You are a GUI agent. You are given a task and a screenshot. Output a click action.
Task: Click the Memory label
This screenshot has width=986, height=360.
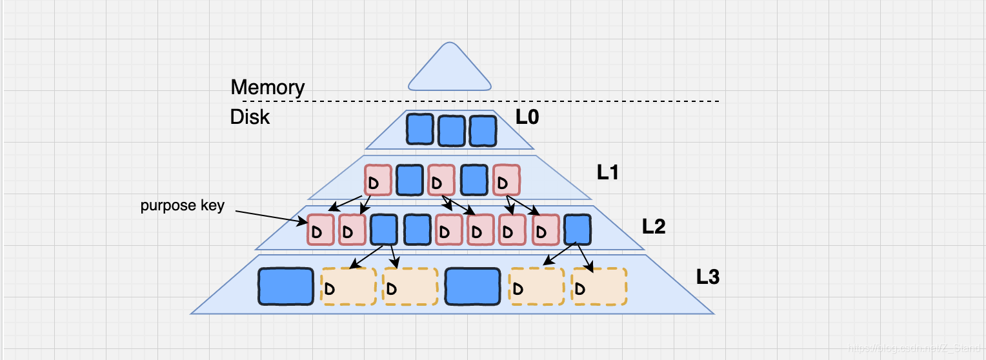[267, 87]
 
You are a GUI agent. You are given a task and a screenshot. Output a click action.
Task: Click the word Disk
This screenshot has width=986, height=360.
[250, 117]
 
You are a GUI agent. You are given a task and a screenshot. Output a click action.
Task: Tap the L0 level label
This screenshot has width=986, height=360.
[527, 117]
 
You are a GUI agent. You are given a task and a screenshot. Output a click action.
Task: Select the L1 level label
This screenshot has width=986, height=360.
[609, 172]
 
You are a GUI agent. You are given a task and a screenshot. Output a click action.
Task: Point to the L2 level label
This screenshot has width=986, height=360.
[654, 226]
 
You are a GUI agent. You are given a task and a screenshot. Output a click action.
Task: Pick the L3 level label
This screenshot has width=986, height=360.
[707, 277]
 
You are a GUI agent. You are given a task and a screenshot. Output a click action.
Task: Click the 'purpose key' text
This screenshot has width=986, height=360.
[183, 206]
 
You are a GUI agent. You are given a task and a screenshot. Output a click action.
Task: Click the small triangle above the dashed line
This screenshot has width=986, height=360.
[450, 68]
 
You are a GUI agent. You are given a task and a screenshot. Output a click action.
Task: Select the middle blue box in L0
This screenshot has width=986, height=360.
[451, 130]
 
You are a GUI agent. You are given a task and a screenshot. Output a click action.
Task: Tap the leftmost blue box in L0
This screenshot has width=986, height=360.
[419, 130]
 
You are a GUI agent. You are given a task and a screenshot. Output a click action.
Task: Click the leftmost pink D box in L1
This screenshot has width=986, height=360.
[378, 181]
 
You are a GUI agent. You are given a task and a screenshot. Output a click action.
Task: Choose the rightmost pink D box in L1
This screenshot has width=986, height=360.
[506, 181]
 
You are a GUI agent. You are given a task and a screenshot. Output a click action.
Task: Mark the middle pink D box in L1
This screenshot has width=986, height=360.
[441, 181]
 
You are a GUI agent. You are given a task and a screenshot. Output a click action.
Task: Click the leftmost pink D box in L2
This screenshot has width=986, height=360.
[321, 230]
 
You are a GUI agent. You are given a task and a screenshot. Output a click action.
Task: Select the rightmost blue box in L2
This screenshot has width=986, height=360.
[577, 230]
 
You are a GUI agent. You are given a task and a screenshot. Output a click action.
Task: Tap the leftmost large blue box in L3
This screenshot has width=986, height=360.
[286, 286]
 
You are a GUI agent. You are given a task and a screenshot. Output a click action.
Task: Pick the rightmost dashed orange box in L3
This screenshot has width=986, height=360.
[599, 286]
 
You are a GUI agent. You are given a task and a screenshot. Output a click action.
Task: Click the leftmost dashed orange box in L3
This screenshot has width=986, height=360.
[348, 286]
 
